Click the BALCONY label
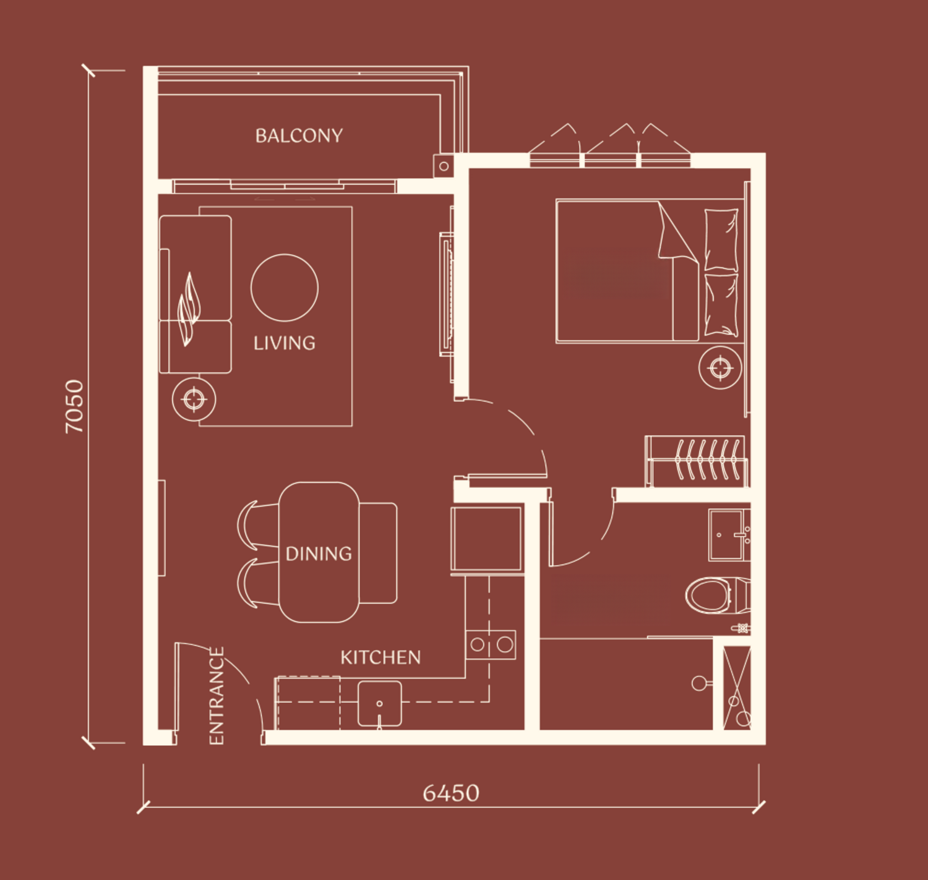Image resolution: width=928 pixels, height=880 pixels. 299,136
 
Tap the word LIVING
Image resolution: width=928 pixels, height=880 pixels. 284,343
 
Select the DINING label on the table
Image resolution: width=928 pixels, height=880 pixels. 319,553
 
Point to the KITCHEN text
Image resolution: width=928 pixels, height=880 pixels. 380,657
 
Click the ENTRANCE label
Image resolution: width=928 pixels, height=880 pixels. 216,696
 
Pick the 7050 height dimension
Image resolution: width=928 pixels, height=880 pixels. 74,406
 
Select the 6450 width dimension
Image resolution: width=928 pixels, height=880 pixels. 451,793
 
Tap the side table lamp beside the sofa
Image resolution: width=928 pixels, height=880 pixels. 194,399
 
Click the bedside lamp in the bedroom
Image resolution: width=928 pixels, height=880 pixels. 720,367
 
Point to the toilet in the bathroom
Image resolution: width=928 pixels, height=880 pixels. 718,596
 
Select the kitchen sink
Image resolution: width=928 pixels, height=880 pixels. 379,704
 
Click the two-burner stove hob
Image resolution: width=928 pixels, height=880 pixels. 491,644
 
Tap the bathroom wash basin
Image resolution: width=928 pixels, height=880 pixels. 729,535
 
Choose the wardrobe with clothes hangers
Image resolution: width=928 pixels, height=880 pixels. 696,461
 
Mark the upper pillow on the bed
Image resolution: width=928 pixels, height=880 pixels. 721,240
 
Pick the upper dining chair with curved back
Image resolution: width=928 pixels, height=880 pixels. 257,525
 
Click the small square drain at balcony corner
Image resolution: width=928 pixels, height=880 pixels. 444,166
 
